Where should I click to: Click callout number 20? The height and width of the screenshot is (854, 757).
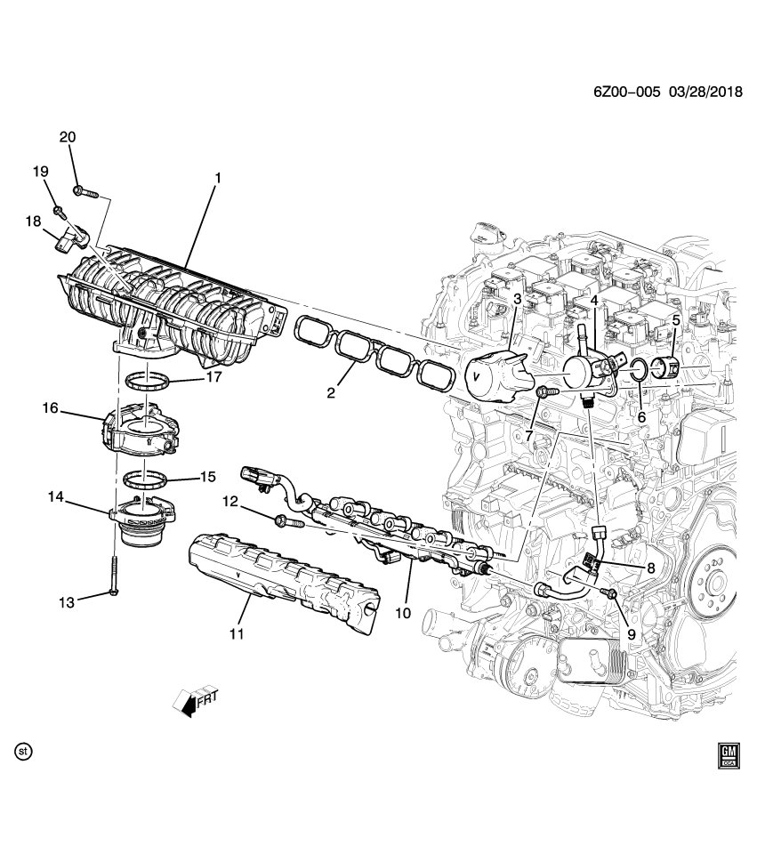pyautogui.click(x=68, y=137)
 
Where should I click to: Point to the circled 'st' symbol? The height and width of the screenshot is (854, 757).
pyautogui.click(x=24, y=752)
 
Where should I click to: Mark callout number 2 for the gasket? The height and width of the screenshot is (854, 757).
pyautogui.click(x=330, y=391)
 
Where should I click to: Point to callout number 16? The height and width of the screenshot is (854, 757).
pyautogui.click(x=50, y=408)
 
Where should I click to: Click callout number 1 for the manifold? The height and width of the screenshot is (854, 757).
pyautogui.click(x=216, y=178)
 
